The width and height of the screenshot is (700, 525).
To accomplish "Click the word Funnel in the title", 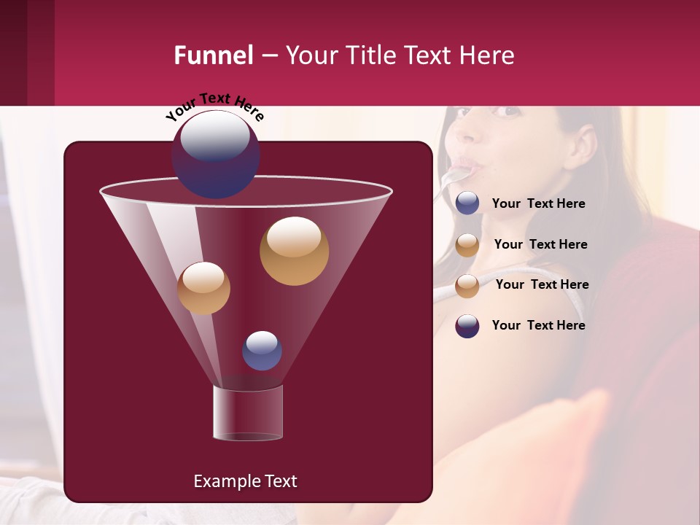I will [x=214, y=55].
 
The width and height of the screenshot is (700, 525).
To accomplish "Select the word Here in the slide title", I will [x=489, y=55].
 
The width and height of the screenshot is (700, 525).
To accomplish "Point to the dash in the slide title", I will [x=269, y=56].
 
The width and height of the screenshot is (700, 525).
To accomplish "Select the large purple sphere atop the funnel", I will [x=215, y=154].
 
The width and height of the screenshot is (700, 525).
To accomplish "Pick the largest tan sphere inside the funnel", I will [x=294, y=251].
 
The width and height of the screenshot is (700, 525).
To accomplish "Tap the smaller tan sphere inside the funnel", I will [x=203, y=288].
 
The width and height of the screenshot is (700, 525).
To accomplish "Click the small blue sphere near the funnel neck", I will [x=262, y=351].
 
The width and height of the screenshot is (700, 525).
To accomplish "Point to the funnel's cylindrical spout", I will [x=247, y=413].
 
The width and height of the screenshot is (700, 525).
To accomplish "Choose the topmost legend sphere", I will [x=467, y=203].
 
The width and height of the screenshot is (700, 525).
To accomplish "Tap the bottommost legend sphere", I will [x=467, y=326].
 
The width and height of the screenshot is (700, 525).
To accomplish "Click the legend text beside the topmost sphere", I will [x=538, y=204].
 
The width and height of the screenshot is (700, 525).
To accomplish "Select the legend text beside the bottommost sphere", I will [x=538, y=325].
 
